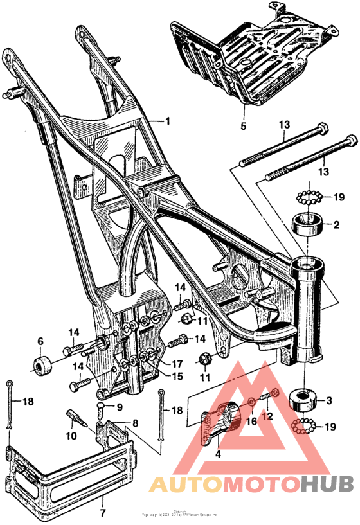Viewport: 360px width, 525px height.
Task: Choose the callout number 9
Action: tap(118, 406)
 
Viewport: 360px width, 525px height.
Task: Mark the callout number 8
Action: tap(135, 423)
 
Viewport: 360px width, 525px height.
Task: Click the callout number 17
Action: tap(177, 363)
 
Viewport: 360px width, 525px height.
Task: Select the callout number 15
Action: tap(176, 375)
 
